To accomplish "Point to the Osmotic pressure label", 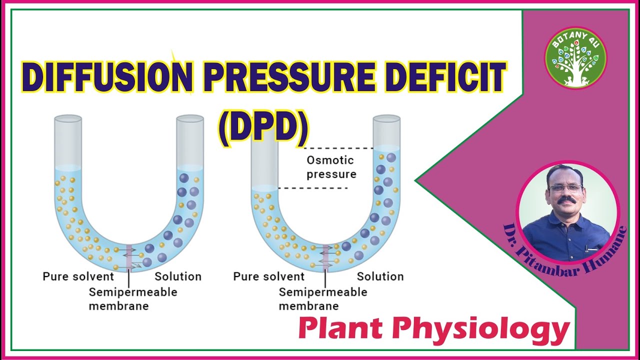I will [331, 167].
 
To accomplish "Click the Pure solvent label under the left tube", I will [78, 276].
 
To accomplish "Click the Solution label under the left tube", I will [177, 276].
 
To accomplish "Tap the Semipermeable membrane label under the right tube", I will [322, 298].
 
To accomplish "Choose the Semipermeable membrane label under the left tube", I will [132, 298].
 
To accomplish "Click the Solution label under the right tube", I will [380, 276].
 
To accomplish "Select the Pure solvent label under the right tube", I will [268, 276].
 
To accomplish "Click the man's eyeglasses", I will [565, 188].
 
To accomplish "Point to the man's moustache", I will [566, 201].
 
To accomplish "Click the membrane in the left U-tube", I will [129, 257].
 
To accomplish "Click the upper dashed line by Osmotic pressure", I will [339, 148].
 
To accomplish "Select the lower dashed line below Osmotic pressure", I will [312, 188].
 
